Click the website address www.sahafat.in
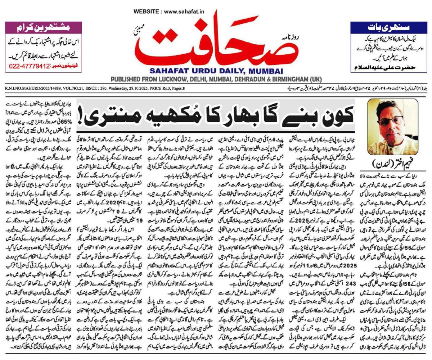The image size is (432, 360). pos(184,12)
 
